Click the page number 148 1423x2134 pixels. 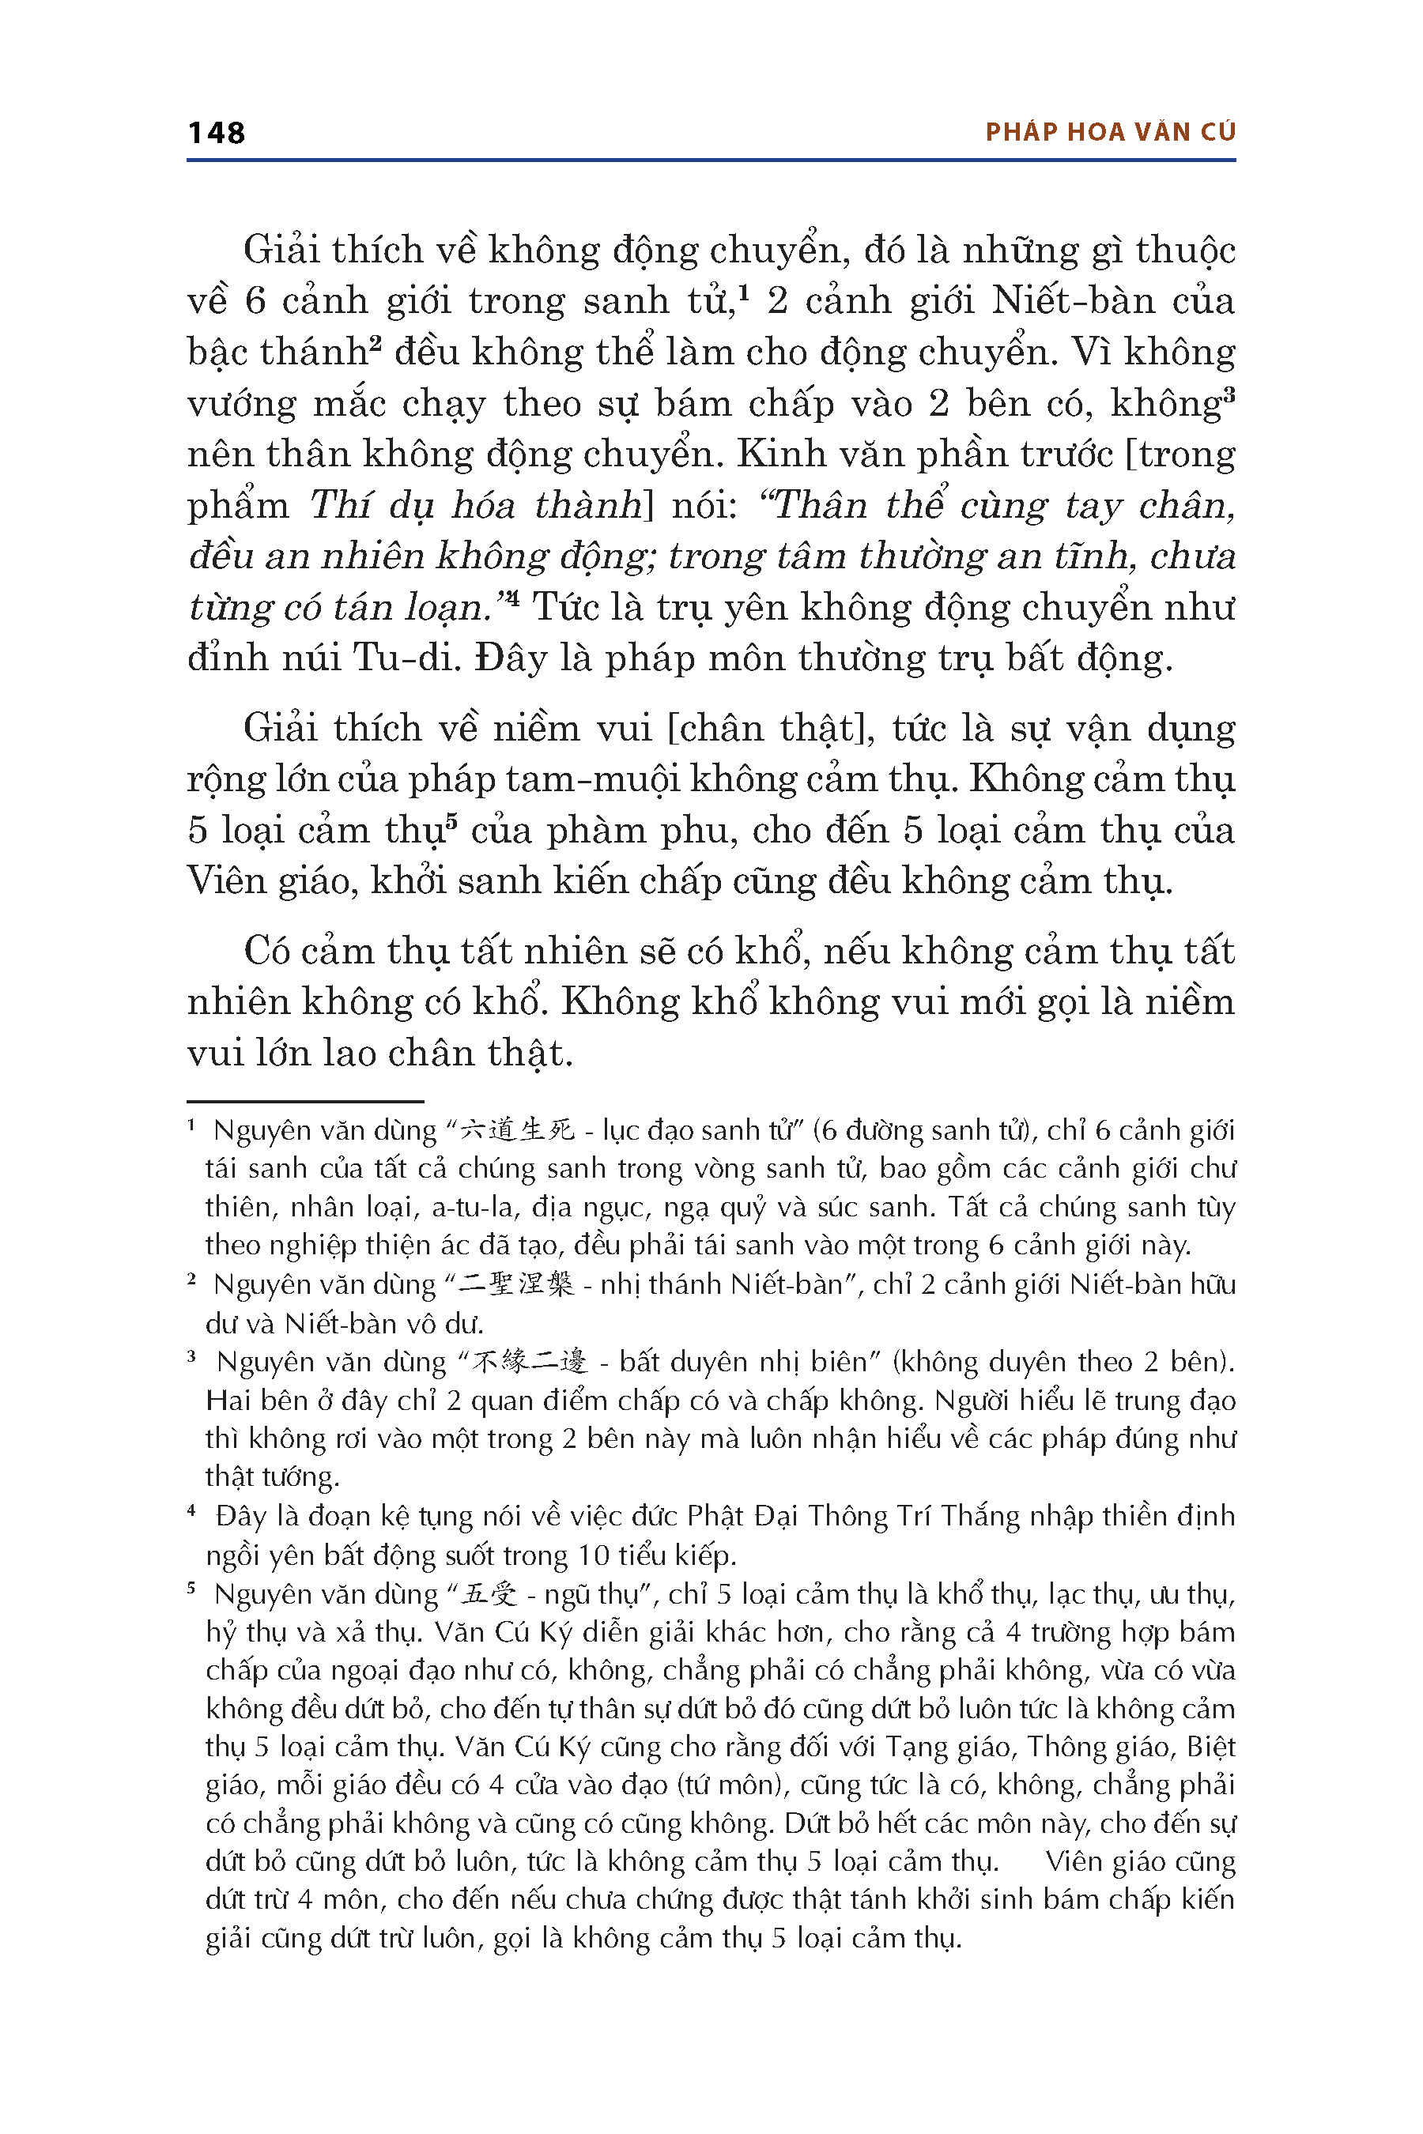point(216,133)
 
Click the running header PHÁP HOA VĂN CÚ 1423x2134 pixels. point(1110,133)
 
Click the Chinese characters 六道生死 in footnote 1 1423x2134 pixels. point(517,1130)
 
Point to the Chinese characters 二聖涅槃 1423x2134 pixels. point(517,1285)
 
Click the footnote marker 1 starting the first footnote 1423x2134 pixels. point(191,1126)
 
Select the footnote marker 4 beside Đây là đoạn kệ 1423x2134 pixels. point(191,1511)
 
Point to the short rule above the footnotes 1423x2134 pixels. point(305,1100)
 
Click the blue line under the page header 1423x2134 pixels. point(711,160)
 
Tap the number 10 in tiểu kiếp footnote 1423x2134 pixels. point(594,1555)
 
